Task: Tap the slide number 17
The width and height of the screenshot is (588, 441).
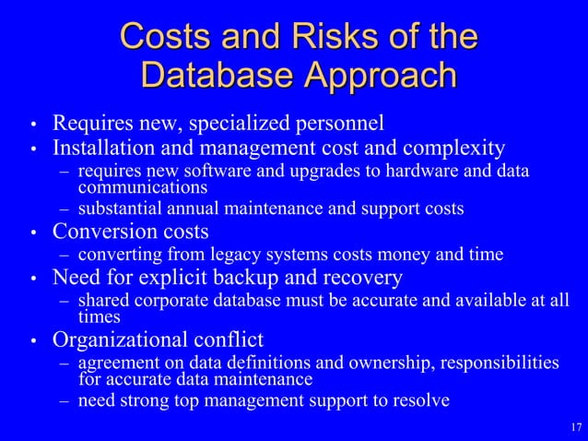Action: [x=576, y=427]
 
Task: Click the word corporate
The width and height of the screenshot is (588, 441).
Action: [x=170, y=301]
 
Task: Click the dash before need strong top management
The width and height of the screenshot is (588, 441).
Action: [x=64, y=400]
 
